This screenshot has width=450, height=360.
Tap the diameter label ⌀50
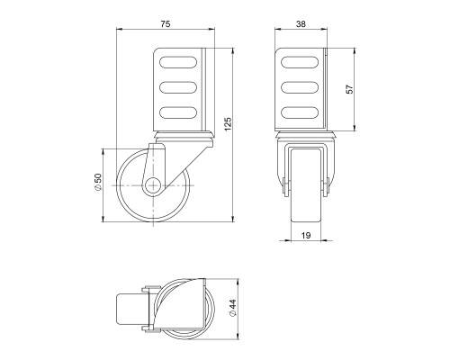pyautogui.click(x=96, y=184)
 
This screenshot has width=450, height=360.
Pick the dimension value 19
pyautogui.click(x=305, y=237)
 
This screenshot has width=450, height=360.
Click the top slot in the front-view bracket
pyautogui.click(x=301, y=65)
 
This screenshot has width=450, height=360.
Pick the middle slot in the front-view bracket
pyautogui.click(x=301, y=89)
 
